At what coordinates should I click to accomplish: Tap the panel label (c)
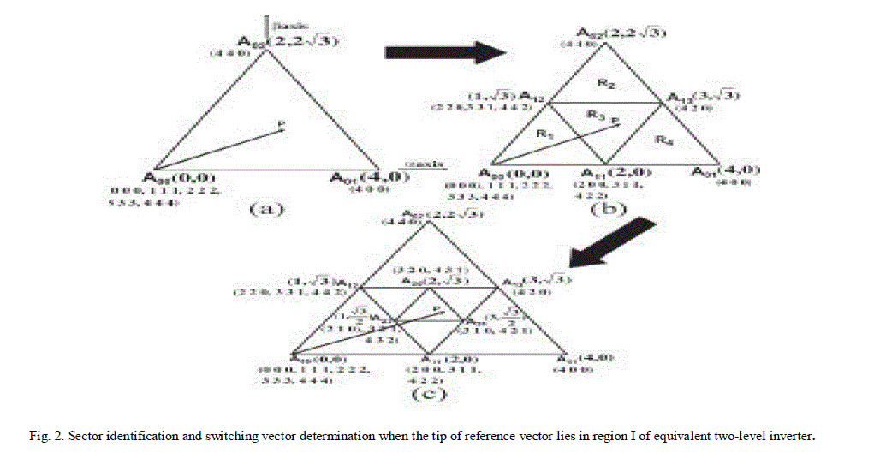point(425,395)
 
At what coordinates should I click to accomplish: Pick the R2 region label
point(605,85)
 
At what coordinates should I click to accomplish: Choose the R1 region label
point(541,134)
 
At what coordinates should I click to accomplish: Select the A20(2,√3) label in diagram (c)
point(429,283)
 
